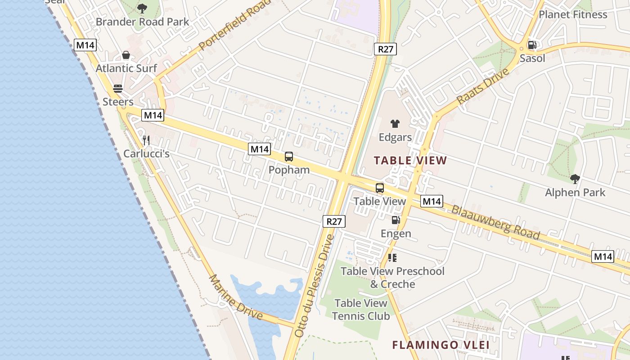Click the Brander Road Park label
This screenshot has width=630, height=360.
tap(142, 22)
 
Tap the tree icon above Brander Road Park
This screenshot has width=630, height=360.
tap(142, 8)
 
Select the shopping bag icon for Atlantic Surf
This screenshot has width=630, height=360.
tap(126, 55)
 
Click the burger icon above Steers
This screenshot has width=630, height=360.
tap(118, 89)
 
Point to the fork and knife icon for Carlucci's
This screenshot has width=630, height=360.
tap(146, 140)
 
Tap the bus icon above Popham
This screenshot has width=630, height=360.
tap(289, 157)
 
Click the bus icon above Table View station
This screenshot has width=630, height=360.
tap(380, 188)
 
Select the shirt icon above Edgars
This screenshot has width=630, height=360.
tap(395, 124)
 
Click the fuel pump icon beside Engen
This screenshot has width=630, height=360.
tap(396, 220)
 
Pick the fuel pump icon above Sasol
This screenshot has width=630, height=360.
tap(532, 45)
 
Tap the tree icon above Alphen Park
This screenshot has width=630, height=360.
tap(575, 179)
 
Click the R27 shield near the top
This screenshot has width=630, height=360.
tap(385, 49)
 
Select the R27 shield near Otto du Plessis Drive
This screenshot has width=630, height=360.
tap(334, 221)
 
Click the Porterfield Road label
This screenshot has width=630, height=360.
tap(234, 25)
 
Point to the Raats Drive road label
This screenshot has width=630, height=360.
tap(482, 86)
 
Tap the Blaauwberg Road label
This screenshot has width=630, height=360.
tap(495, 222)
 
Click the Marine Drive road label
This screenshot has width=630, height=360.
tap(235, 297)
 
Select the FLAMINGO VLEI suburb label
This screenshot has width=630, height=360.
tap(441, 345)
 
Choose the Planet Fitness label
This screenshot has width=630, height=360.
tap(573, 14)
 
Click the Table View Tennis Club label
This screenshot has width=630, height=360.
tap(361, 310)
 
